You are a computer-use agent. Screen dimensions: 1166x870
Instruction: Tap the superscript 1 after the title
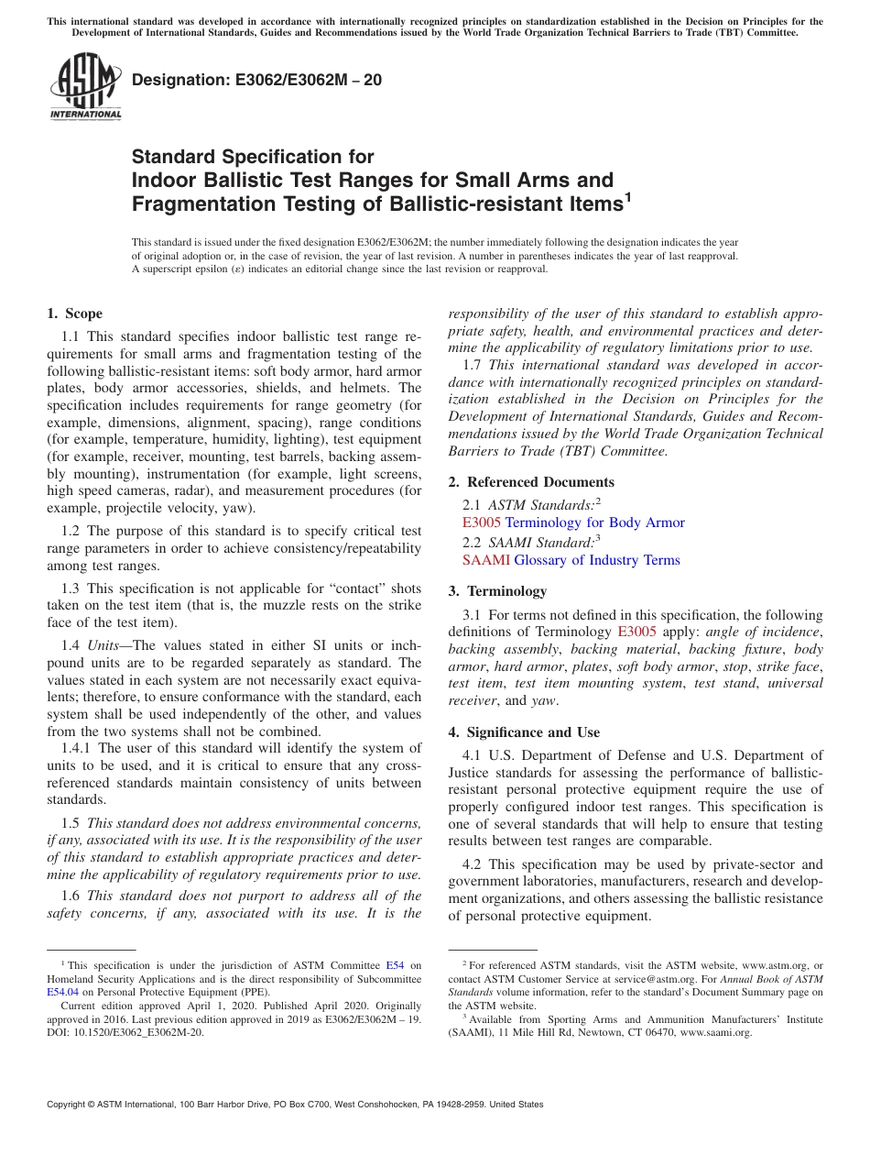[x=627, y=197]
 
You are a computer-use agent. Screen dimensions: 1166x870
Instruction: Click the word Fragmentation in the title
[x=199, y=204]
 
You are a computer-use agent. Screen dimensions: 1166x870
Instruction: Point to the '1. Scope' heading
[x=74, y=313]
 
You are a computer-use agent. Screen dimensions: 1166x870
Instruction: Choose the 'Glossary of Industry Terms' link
[x=597, y=560]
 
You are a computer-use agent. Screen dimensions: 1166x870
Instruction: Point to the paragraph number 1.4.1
[x=78, y=749]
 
